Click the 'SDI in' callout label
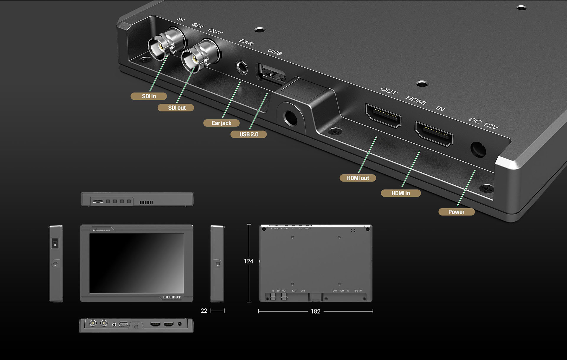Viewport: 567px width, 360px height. click(x=149, y=96)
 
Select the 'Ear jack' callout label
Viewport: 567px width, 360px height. click(x=221, y=123)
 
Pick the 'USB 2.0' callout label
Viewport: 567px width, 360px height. click(x=249, y=134)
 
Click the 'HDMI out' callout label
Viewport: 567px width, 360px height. click(x=358, y=178)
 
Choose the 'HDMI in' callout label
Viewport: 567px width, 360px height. click(x=400, y=193)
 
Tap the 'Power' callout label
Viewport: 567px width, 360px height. click(x=456, y=212)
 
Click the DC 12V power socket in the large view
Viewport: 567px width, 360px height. click(x=478, y=150)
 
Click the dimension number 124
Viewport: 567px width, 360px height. click(x=248, y=261)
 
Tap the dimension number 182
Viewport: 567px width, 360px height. click(x=315, y=311)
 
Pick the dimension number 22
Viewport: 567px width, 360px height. click(x=204, y=311)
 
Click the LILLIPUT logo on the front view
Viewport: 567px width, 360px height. click(x=172, y=297)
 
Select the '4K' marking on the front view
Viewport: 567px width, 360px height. click(x=95, y=230)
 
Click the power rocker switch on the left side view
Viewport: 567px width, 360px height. click(x=55, y=243)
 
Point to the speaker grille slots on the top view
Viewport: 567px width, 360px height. click(x=146, y=202)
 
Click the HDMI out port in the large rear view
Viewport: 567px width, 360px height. click(x=383, y=115)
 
